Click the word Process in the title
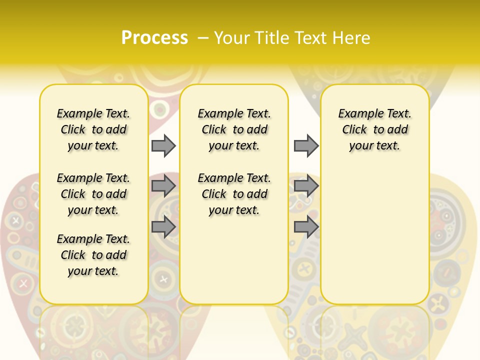pos(154,38)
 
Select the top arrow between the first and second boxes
pos(163,145)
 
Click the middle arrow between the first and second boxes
pos(163,186)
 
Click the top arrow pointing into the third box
pos(306,145)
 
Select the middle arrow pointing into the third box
pos(306,186)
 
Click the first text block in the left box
pos(93,129)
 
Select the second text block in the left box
pos(93,194)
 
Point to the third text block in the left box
pos(93,255)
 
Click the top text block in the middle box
pos(234,129)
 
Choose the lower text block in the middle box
pos(234,194)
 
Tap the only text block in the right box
pos(374,129)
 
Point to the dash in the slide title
pos(203,38)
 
